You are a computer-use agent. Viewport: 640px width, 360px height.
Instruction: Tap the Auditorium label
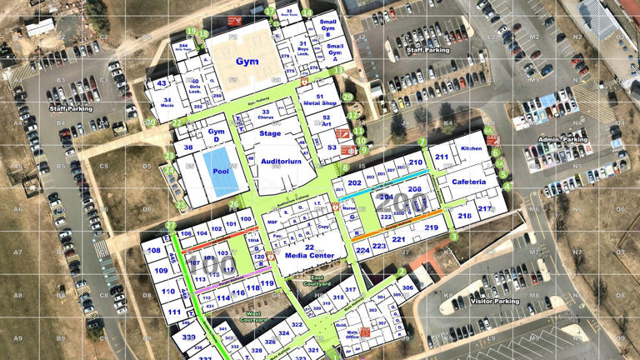280,161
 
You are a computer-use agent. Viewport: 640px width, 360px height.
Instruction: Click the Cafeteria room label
469,182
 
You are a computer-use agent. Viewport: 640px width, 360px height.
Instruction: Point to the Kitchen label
472,148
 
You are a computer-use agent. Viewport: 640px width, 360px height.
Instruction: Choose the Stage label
270,133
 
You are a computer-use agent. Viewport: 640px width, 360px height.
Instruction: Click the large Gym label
247,61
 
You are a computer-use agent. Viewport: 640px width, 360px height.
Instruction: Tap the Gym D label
217,135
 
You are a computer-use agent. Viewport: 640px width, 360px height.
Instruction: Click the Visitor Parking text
495,301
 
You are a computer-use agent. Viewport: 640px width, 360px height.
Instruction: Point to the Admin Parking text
563,139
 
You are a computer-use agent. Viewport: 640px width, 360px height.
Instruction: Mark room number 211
442,157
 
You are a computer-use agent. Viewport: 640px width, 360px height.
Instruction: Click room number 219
431,227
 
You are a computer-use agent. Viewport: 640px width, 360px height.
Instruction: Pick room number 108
154,250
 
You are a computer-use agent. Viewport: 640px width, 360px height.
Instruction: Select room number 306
407,288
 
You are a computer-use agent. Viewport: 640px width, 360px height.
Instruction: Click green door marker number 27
171,226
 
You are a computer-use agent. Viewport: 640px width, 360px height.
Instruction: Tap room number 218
464,216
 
